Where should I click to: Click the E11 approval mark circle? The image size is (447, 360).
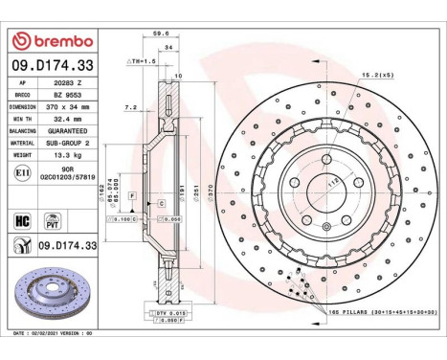22,171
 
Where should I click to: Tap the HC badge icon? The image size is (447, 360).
22,219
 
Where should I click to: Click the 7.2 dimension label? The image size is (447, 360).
133,108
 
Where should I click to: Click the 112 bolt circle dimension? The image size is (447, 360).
334,180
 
